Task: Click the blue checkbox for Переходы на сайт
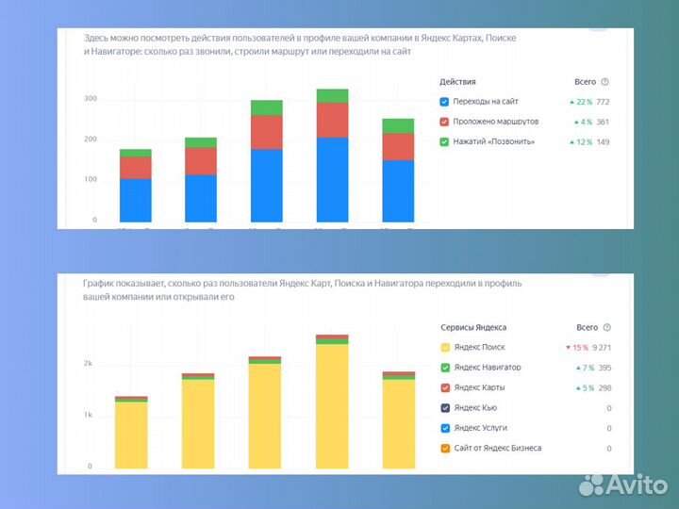tap(445, 102)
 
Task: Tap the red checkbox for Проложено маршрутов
tap(445, 122)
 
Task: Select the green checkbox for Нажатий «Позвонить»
tap(445, 141)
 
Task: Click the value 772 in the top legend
tap(603, 102)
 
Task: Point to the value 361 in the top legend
tap(603, 122)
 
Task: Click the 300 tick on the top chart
tap(91, 98)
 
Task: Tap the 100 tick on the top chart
tap(91, 179)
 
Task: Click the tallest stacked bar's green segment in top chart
tap(332, 95)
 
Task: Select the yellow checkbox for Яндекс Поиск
tap(445, 347)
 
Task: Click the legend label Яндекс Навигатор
tap(487, 368)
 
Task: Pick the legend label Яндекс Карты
tap(479, 387)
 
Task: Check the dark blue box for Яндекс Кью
tap(445, 408)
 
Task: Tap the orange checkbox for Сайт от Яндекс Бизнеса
tap(445, 449)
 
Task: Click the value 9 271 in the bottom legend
tap(601, 347)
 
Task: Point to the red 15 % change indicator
tap(575, 347)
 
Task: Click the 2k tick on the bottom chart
tap(88, 363)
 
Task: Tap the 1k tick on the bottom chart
tap(88, 415)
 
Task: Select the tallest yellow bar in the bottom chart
tap(332, 405)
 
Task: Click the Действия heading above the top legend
tap(457, 82)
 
